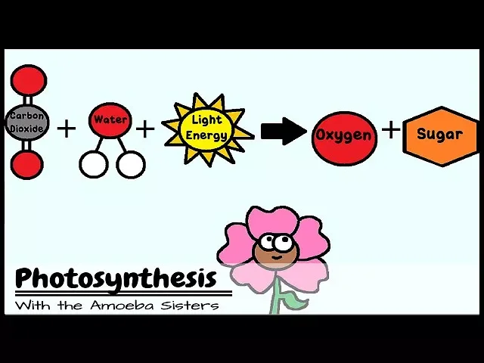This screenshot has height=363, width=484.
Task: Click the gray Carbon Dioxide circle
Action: [x=28, y=122]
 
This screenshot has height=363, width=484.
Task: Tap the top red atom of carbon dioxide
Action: [x=29, y=79]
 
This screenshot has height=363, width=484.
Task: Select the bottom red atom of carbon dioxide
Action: [x=28, y=164]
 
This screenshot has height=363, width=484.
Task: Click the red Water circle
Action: [x=110, y=121]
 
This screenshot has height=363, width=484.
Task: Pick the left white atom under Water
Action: [x=94, y=163]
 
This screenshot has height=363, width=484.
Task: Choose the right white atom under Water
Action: [x=131, y=163]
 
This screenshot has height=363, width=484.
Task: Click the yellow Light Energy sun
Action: [x=208, y=129]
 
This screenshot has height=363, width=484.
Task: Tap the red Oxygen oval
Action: [x=344, y=137]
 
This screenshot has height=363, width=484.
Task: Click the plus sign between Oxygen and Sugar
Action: [x=391, y=130]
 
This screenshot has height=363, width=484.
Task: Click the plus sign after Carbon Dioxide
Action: [x=67, y=129]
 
